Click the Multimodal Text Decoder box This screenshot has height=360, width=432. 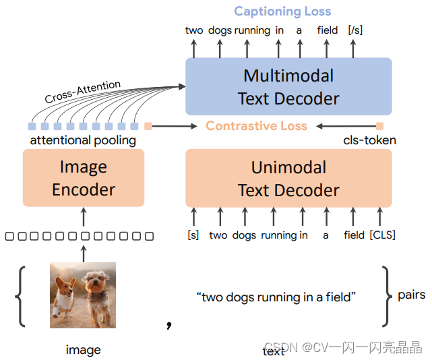pos(288,86)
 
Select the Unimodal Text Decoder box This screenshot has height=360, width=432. pos(288,178)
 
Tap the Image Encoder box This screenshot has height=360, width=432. pos(84,178)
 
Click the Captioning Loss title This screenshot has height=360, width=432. pos(282,11)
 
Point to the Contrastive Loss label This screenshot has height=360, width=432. pos(256,126)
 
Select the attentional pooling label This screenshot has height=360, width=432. pos(83,140)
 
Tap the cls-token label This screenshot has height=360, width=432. pos(369,140)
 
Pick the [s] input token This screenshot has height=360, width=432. pos(193,235)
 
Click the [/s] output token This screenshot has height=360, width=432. pos(354,30)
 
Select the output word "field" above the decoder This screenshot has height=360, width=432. pos(328,30)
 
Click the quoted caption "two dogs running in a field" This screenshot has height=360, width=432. pos(276,297)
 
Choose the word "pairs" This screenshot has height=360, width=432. pos(411,295)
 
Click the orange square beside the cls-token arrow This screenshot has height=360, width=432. pos(379,126)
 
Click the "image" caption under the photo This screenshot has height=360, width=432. pos(84,349)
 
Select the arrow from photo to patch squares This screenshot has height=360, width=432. pos(84,253)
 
